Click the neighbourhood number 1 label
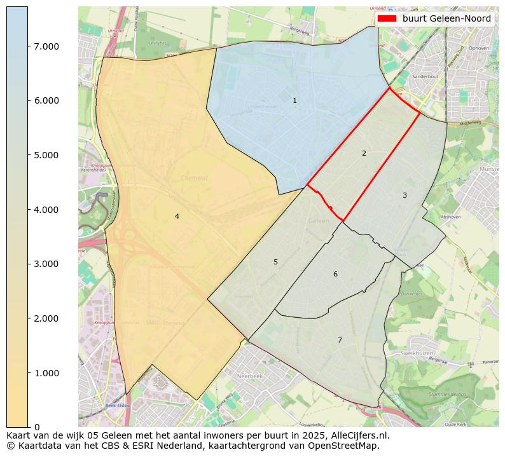(x=294, y=101)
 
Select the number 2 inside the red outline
(x=364, y=153)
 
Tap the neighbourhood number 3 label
(x=405, y=195)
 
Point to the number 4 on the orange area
(x=177, y=216)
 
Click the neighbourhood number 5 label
(x=275, y=262)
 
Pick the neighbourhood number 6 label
(x=335, y=274)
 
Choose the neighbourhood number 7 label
(x=340, y=340)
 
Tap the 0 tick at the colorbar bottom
(x=37, y=427)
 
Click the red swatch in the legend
(x=387, y=18)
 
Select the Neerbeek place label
(x=249, y=376)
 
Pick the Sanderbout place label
(x=425, y=76)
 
